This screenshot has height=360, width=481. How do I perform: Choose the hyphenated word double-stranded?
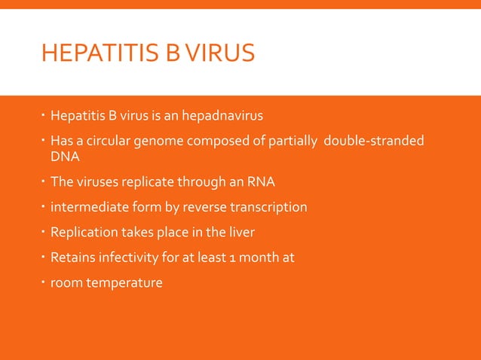point(373,141)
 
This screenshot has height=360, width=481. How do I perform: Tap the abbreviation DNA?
point(64,157)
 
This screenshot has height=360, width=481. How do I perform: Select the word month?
point(261,258)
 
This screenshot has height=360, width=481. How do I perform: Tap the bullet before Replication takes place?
point(44,231)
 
